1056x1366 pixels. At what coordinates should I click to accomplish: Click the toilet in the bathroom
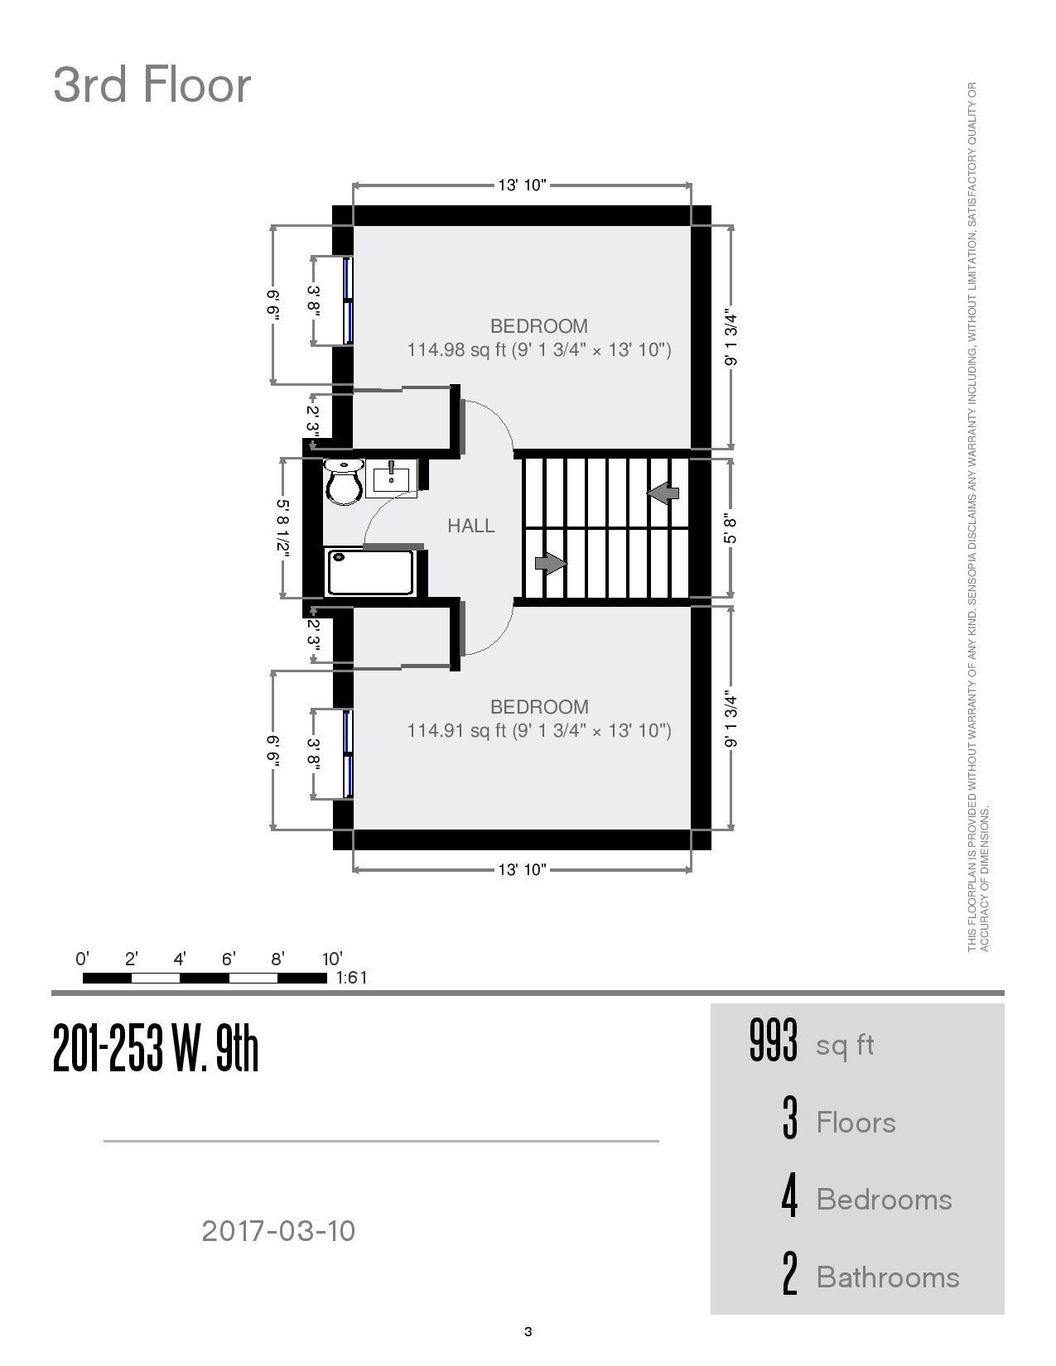(x=344, y=482)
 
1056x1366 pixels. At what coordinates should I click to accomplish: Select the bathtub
(x=370, y=572)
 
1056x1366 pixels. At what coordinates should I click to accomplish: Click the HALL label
(x=471, y=526)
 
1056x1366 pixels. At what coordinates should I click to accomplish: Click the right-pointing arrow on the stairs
(x=551, y=563)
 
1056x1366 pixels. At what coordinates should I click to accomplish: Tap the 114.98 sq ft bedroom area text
(x=539, y=349)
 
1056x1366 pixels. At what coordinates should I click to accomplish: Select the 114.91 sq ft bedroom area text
(x=539, y=730)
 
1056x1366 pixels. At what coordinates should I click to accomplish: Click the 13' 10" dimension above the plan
(x=522, y=185)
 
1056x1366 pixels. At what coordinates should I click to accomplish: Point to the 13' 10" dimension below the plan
(x=522, y=869)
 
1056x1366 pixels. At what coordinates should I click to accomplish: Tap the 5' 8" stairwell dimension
(x=731, y=529)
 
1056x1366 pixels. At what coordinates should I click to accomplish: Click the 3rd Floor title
(x=152, y=84)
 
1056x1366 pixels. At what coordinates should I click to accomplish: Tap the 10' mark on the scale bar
(x=332, y=959)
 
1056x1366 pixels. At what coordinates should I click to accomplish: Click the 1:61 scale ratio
(x=351, y=978)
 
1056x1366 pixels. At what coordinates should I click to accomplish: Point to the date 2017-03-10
(x=278, y=1231)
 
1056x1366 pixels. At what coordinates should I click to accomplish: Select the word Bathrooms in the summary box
(x=888, y=1277)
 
